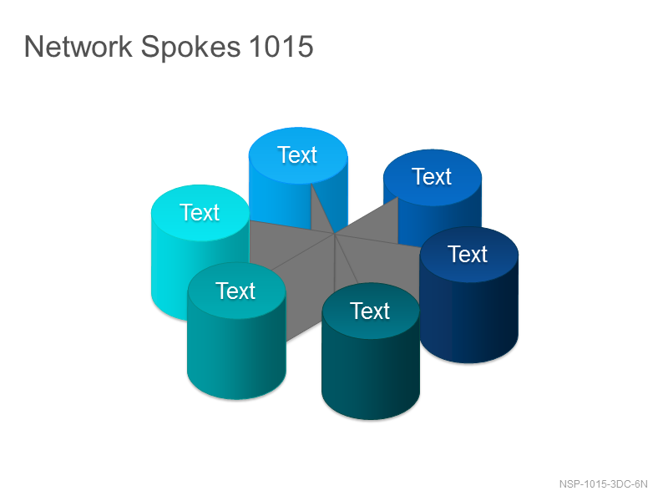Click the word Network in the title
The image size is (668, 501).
tap(78, 46)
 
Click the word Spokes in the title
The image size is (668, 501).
tap(190, 47)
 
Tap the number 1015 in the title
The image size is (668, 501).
tap(281, 46)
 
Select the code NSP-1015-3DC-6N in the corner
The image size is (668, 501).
tap(603, 484)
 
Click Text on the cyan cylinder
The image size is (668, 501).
tap(200, 212)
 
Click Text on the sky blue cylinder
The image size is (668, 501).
tap(297, 154)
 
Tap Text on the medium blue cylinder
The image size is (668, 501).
tap(432, 176)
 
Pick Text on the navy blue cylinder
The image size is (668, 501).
tap(468, 255)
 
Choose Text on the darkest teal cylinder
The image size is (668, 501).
tap(370, 311)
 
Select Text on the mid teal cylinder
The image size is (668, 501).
tap(235, 291)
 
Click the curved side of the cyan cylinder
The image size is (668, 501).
tap(170, 277)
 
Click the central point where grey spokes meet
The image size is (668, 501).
tap(335, 234)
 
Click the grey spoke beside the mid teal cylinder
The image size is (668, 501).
tap(306, 290)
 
